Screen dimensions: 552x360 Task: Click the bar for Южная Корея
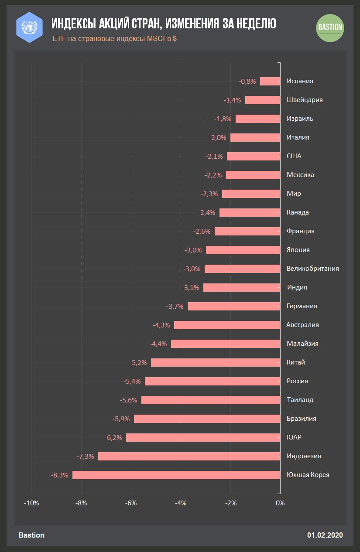tap(176, 475)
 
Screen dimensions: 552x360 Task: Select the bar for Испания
tap(270, 81)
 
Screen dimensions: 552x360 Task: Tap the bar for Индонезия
tap(189, 457)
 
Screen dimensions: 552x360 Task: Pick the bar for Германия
tap(234, 307)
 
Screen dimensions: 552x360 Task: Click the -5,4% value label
tap(132, 382)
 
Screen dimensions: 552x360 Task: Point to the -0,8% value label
tap(247, 81)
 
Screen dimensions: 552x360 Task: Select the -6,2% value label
tap(113, 438)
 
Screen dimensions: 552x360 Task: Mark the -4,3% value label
tap(161, 325)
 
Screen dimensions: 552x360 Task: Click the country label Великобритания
tap(312, 269)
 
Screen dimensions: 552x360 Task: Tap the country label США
tap(294, 156)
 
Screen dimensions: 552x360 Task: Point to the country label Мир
tap(294, 194)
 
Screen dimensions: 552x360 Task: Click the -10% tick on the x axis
tap(31, 503)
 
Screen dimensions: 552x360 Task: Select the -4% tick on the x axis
tap(181, 503)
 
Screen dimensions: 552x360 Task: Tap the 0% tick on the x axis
tap(280, 503)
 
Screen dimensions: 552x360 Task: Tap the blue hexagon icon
tap(29, 27)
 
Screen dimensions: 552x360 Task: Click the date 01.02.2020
tap(325, 535)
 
